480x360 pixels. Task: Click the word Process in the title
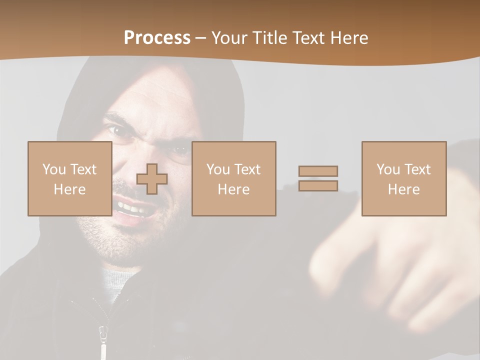157,38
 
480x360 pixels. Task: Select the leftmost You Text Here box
69,178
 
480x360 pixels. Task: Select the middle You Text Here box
233,178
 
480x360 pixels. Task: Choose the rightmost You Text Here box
403,178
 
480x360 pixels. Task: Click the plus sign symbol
152,179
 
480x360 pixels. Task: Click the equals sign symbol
318,178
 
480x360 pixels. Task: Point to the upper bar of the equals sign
318,171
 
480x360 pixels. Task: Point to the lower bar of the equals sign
318,185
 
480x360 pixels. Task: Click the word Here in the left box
69,189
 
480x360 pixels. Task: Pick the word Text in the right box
418,169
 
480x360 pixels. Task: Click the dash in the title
200,38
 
